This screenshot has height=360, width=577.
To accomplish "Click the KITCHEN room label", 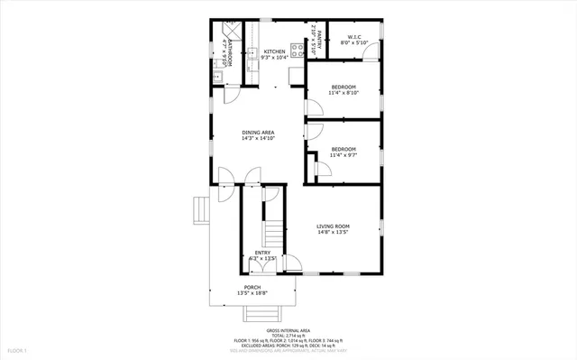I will (274, 51).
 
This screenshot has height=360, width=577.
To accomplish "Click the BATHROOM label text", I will (232, 51).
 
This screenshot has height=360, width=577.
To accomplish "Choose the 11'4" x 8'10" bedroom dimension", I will (343, 91).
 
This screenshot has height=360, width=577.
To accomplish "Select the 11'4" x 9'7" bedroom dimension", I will (343, 155).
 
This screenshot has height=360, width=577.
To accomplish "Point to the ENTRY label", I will (262, 253).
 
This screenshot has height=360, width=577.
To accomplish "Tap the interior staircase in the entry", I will (270, 231).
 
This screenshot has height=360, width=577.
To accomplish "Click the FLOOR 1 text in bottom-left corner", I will (18, 349).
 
